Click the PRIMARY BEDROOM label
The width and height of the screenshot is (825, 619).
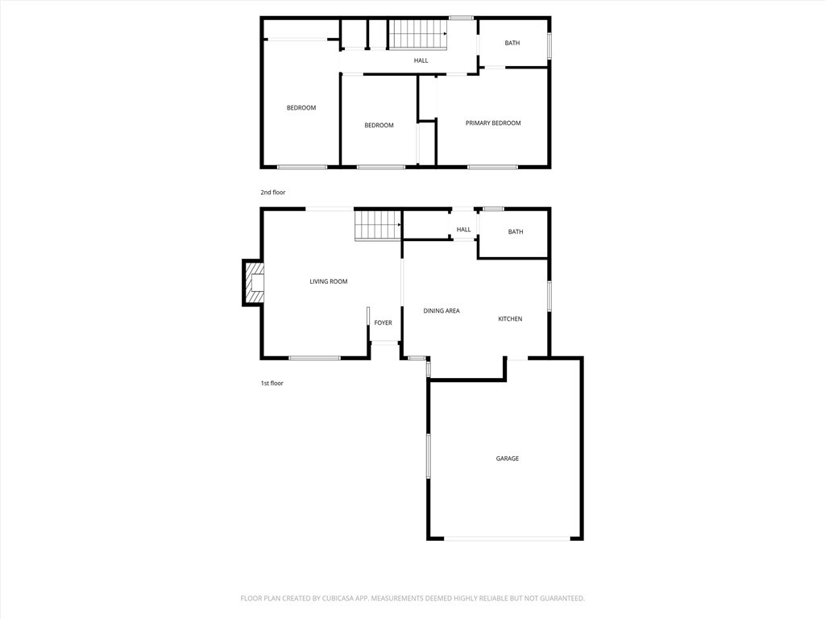coord(493,123)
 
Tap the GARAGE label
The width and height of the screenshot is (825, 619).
coord(508,459)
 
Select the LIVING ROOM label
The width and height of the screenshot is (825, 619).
coord(329,281)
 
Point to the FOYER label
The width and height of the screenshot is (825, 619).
coord(383,323)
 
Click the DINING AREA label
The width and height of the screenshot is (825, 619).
coord(442,310)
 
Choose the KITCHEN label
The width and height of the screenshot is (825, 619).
coord(510,319)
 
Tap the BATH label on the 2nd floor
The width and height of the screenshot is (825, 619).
coord(512,43)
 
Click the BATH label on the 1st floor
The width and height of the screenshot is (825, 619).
coord(516,232)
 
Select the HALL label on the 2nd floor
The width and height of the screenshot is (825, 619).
coord(421,60)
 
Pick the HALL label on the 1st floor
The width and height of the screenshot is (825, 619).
coord(463,230)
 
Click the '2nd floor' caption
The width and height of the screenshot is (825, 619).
coord(272,193)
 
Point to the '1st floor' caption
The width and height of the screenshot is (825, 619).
coord(272,384)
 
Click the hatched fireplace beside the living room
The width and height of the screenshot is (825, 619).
coord(253,283)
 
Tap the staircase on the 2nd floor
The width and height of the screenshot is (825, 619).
coord(418,35)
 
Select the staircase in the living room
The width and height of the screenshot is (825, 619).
coord(378,225)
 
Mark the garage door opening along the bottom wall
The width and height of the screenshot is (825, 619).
coord(507,538)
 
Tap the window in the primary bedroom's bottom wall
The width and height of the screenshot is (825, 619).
coord(492,167)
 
